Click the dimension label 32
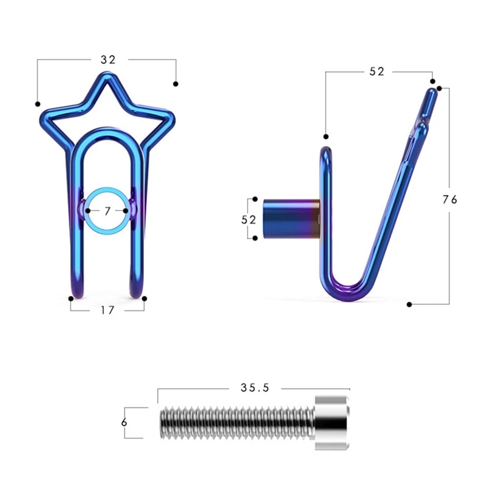pos(108,59)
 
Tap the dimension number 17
pos(107,310)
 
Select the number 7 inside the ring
pos(107,211)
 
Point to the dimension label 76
pos(450,199)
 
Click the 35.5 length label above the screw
pos(254,387)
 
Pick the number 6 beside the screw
pos(124,422)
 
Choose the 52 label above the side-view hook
pos(376,71)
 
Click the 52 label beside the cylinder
pos(248,220)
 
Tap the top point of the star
pos(107,74)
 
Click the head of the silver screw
pos(332,422)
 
